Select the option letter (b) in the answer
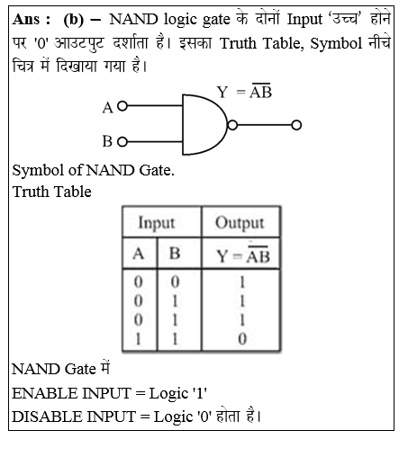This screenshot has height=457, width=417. (x=73, y=21)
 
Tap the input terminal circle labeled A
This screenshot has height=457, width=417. (x=122, y=106)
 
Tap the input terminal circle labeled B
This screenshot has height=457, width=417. (x=122, y=141)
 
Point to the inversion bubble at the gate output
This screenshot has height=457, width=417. (x=233, y=124)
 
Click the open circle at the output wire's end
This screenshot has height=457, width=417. (x=297, y=124)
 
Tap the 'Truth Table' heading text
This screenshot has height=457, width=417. (x=51, y=191)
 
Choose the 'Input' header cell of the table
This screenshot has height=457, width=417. (x=156, y=222)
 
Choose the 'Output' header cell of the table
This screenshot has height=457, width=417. (x=240, y=222)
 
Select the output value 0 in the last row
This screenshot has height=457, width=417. (x=241, y=337)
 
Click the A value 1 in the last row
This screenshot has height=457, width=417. (x=139, y=337)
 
